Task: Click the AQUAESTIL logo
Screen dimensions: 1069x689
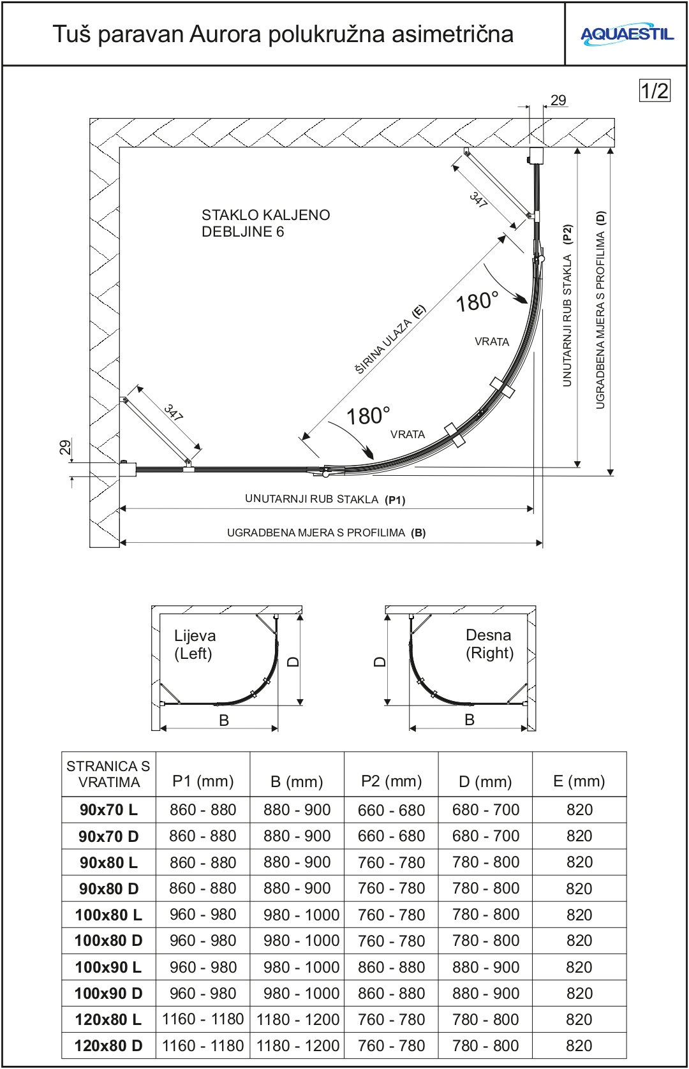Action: tap(626, 34)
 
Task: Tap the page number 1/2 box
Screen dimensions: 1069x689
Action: tap(655, 91)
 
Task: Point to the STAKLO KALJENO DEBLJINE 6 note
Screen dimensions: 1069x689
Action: tap(265, 223)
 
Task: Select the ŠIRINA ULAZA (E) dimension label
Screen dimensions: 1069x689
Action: tap(390, 339)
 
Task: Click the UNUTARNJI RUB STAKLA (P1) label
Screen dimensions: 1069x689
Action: tap(325, 499)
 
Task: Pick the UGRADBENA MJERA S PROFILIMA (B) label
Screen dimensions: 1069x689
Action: tap(326, 533)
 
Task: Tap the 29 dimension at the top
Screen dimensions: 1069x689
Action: tap(558, 100)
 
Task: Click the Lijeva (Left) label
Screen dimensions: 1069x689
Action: tap(195, 644)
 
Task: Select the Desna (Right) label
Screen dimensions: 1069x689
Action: tap(489, 644)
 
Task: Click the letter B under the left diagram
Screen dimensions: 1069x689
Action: tap(224, 720)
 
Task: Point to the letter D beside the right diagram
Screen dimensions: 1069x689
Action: tap(380, 661)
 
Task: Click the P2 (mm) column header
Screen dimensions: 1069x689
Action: tap(391, 781)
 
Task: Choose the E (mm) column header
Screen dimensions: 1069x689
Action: tap(579, 781)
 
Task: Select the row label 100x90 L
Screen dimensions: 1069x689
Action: tap(108, 967)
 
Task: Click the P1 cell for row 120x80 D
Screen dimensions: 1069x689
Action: tap(203, 1045)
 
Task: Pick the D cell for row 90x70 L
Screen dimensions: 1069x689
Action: tap(485, 810)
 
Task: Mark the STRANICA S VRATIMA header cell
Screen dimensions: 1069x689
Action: tap(108, 774)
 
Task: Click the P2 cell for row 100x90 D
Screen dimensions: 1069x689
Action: tap(391, 993)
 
